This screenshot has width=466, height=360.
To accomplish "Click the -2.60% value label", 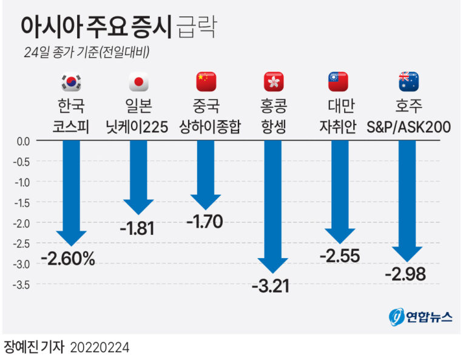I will pos(68,259).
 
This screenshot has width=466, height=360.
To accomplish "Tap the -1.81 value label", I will pos(137,229).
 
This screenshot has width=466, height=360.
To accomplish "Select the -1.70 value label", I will pos(204,221).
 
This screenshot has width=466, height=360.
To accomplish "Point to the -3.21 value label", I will pos(271,285).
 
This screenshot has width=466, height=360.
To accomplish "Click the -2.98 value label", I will pos(405,274).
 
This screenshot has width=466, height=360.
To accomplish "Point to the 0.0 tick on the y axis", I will pos(22,141).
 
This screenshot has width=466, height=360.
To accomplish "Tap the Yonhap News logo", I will pos(420,317).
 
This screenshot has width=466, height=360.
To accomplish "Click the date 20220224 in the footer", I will pos(100,348).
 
